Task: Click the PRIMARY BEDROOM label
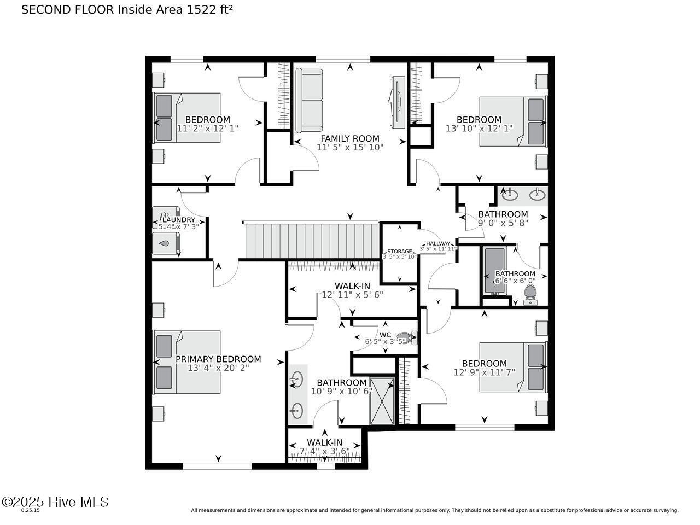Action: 218,359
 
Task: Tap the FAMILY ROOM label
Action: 350,138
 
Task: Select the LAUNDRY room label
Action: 178,220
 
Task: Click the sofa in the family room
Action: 310,101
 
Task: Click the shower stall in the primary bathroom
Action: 381,401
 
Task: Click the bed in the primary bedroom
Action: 187,362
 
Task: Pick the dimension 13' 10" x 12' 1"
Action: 479,129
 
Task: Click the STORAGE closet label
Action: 400,252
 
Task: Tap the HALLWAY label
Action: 438,243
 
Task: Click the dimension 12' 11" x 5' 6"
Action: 352,294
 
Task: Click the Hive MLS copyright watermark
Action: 55,501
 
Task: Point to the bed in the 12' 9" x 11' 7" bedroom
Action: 512,367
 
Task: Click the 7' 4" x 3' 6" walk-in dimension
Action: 324,451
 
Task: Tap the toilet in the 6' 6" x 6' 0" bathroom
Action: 530,294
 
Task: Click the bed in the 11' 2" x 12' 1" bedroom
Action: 187,118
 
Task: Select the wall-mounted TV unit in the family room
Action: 398,102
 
